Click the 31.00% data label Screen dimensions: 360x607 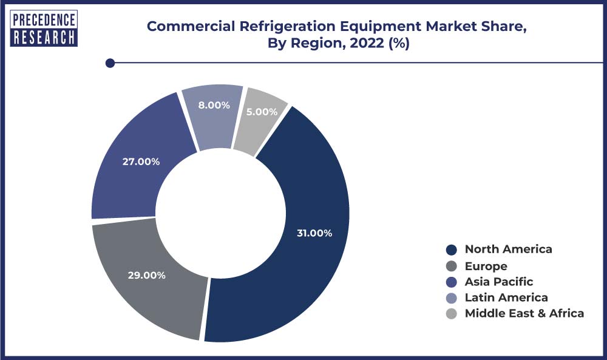pyautogui.click(x=314, y=233)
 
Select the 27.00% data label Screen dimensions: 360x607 pyautogui.click(x=141, y=161)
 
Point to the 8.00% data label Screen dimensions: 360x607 pyautogui.click(x=214, y=105)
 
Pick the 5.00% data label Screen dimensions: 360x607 pyautogui.click(x=262, y=112)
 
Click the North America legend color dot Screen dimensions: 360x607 pyautogui.click(x=451, y=250)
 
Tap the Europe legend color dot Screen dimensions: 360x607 pyautogui.click(x=451, y=266)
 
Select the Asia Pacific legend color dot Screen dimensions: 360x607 pyautogui.click(x=451, y=282)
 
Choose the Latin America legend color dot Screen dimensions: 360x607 pyautogui.click(x=451, y=297)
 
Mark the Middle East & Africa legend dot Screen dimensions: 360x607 pyautogui.click(x=451, y=314)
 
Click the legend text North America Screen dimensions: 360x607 pyautogui.click(x=508, y=249)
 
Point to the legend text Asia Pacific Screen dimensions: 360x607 pyautogui.click(x=498, y=282)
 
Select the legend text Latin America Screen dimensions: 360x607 pyautogui.click(x=506, y=297)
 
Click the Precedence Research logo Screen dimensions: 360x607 pyautogui.click(x=44, y=28)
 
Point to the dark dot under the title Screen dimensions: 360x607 pyautogui.click(x=110, y=63)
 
